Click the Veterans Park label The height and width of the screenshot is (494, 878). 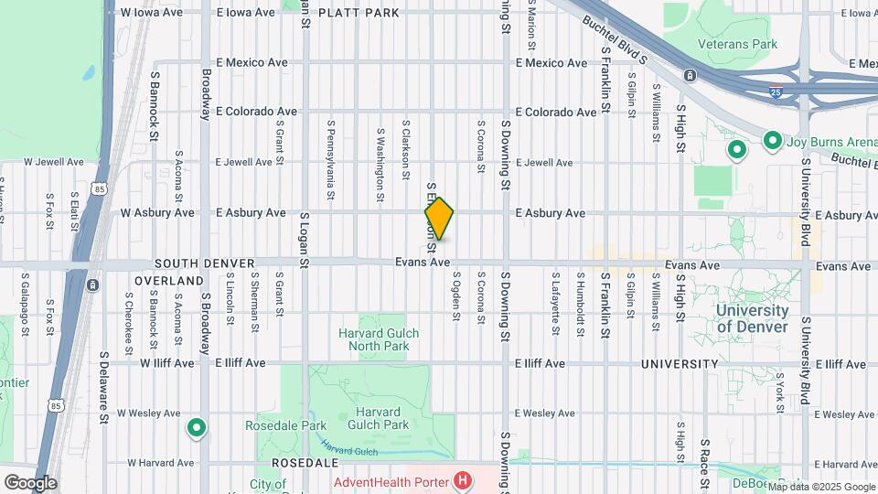(737, 44)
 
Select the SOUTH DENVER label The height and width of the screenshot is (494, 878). (204, 263)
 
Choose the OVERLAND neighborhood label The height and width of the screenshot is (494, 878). (168, 280)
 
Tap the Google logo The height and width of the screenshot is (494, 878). (30, 482)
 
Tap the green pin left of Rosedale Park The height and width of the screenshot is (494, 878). (197, 427)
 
